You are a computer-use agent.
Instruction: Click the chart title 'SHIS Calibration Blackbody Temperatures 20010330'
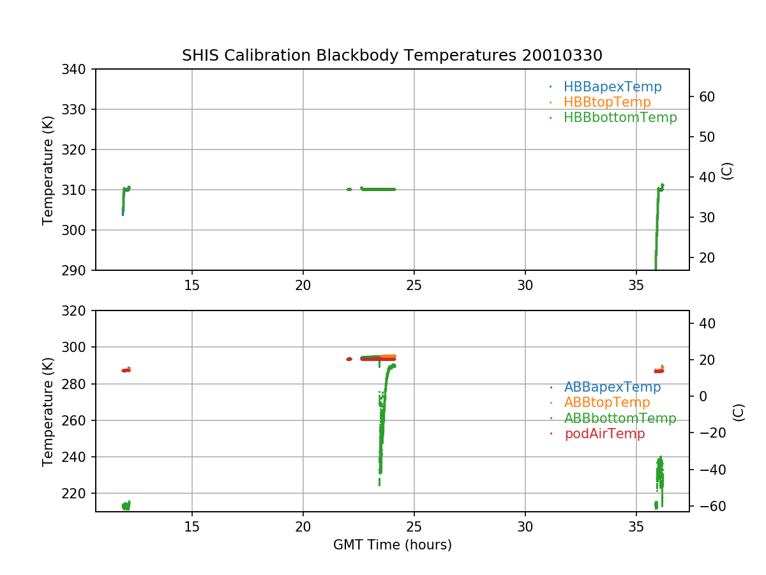coord(392,56)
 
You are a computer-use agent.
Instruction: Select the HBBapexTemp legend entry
coord(612,87)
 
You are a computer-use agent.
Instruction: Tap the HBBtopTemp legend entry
coord(607,102)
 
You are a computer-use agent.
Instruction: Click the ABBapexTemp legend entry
coord(612,387)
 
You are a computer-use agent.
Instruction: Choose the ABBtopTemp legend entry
coord(607,402)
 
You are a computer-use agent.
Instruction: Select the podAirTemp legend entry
coord(605,434)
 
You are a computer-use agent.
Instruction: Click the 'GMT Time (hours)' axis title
coord(392,545)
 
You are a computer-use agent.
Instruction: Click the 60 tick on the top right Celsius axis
coord(707,97)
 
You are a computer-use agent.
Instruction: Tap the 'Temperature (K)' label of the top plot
coord(48,169)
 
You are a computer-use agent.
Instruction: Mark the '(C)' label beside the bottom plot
coord(739,411)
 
